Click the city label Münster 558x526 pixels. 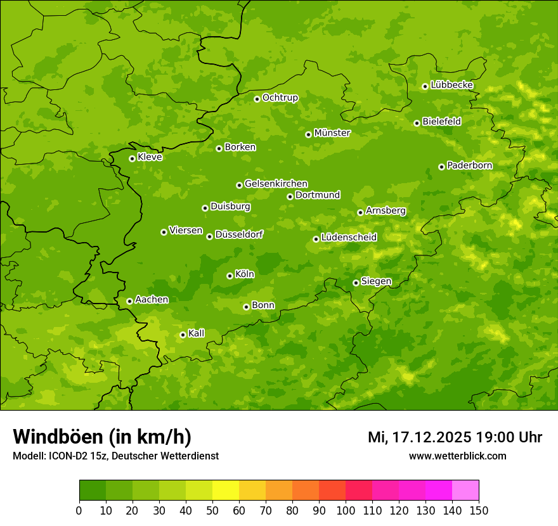332,133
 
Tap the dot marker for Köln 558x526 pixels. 230,276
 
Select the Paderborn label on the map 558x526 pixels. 469,165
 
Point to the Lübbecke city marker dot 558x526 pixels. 425,86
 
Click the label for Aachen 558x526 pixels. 152,300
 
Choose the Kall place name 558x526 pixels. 196,333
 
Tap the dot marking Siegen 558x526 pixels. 356,283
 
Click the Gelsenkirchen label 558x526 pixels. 276,184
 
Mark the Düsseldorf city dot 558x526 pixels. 209,236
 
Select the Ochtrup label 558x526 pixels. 280,98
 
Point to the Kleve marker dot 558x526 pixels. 132,158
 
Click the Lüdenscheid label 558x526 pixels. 349,238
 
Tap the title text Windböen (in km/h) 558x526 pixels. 101,437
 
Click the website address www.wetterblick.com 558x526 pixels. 457,456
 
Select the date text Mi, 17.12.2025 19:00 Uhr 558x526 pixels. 455,437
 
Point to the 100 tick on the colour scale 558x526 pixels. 345,510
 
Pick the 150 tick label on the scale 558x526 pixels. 478,510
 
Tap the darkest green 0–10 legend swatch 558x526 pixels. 92,491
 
